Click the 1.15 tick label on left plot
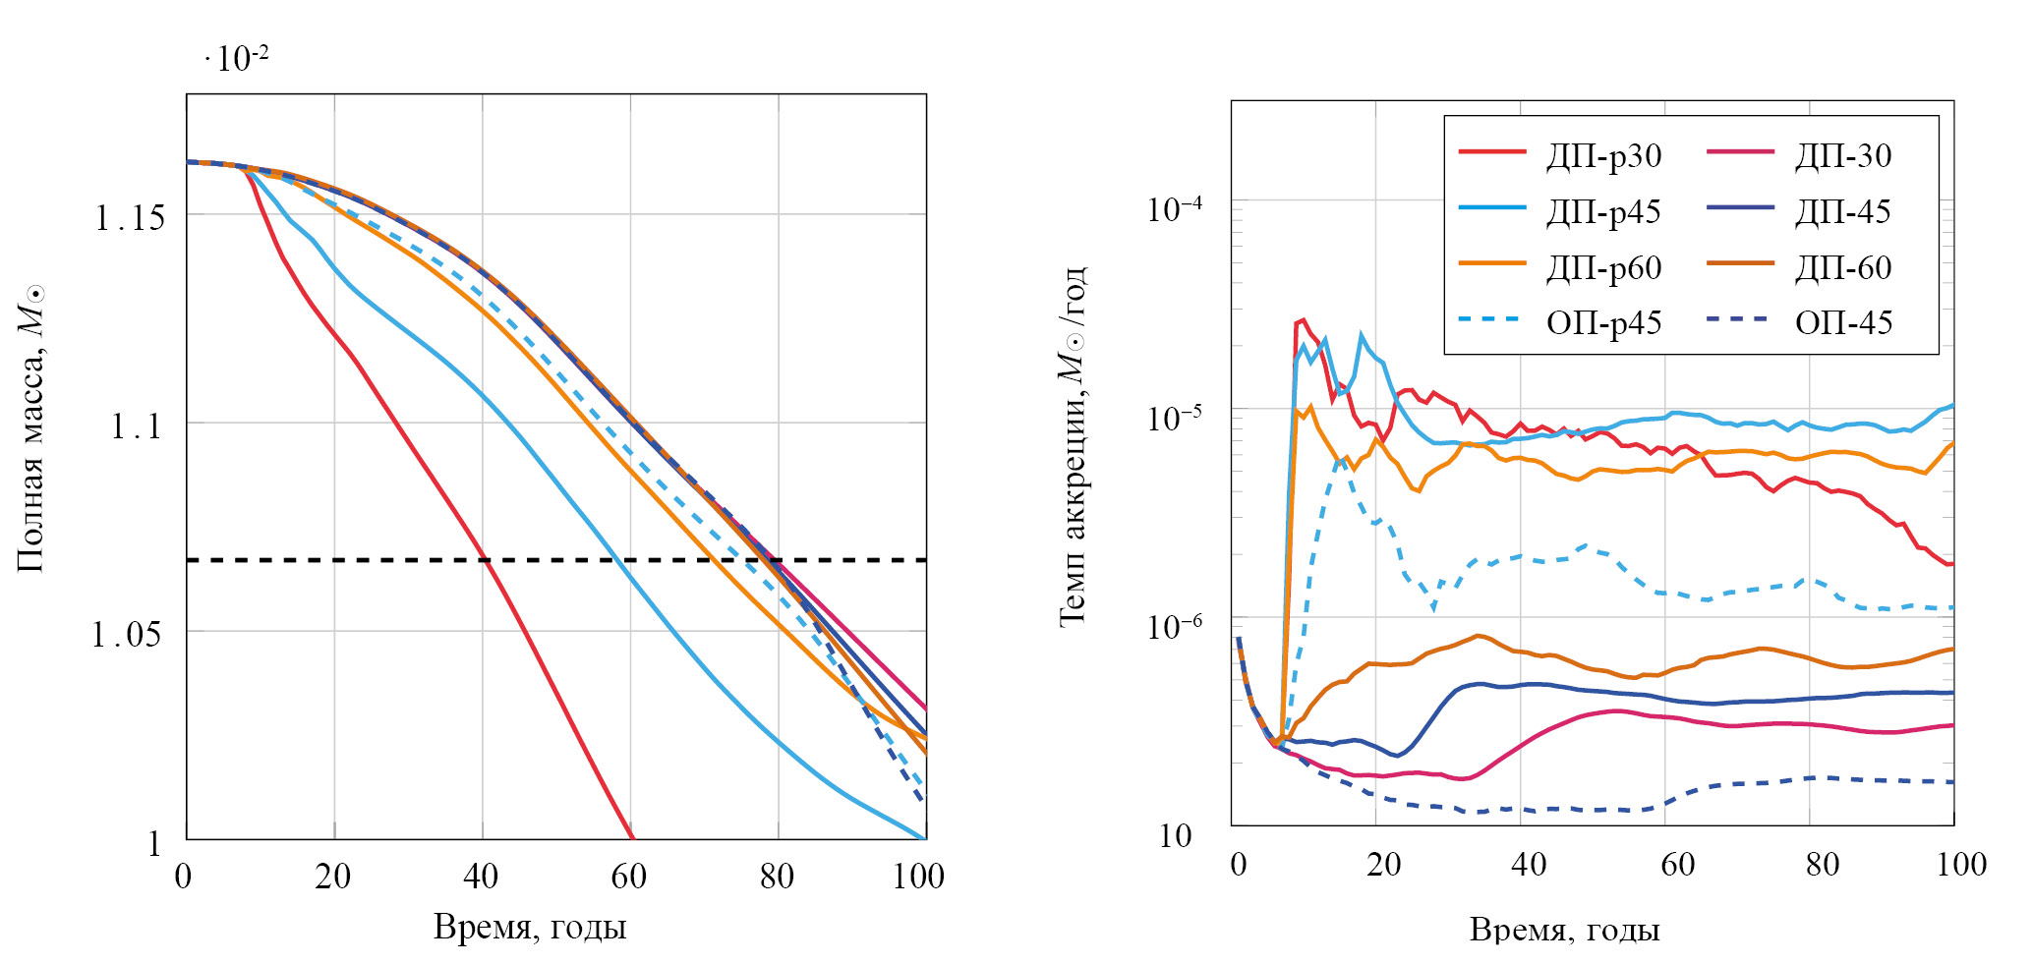(x=130, y=218)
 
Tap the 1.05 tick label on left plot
(x=126, y=635)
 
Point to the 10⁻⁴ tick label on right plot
(x=1175, y=209)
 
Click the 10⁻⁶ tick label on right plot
(x=1175, y=626)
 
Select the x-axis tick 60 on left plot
(x=629, y=877)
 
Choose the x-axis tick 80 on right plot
(x=1822, y=865)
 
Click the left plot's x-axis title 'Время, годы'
(x=530, y=928)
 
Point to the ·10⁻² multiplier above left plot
(x=237, y=59)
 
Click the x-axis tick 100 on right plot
(x=1961, y=865)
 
